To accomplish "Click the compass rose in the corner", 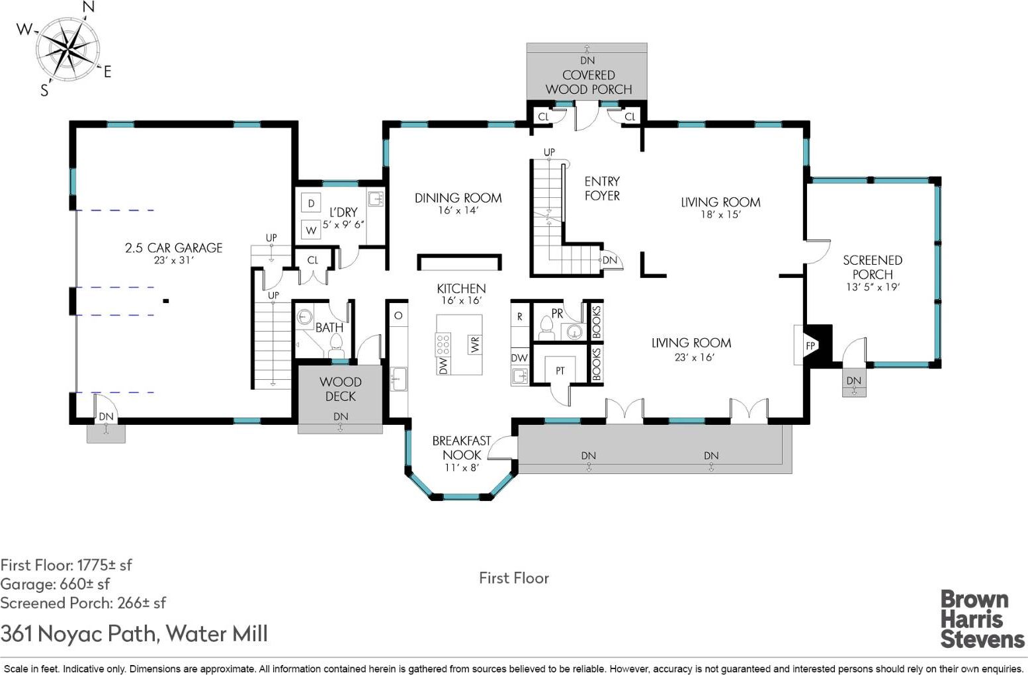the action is click(x=67, y=48).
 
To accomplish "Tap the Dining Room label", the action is click(x=458, y=198).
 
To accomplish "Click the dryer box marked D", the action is click(x=311, y=203).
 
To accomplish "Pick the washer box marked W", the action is click(x=311, y=230).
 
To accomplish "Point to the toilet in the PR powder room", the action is click(x=546, y=327).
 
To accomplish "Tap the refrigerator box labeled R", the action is click(x=519, y=317).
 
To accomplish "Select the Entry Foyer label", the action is click(x=602, y=188).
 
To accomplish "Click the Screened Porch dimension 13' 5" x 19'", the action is click(x=873, y=287).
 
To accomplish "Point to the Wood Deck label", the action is click(x=341, y=389).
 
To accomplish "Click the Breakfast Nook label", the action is click(x=462, y=448).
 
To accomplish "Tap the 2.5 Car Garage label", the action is click(x=173, y=248).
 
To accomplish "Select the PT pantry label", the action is click(x=560, y=371).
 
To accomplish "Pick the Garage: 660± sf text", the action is click(x=55, y=584).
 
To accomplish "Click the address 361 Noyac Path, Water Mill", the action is click(x=134, y=634).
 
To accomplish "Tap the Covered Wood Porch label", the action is click(x=589, y=82).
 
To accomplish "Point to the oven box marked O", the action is click(x=398, y=316).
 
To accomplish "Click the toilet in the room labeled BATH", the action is click(x=337, y=345).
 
